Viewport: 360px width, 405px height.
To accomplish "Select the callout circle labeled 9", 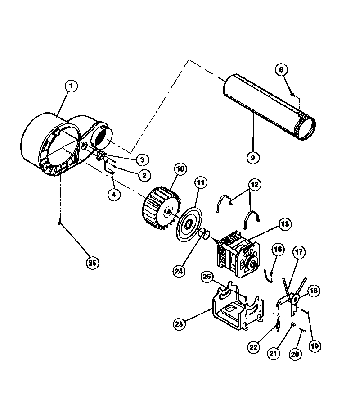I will click(x=253, y=157).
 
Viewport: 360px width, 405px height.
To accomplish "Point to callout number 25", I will click(x=93, y=263).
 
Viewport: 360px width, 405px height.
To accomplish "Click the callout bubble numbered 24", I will click(x=180, y=271).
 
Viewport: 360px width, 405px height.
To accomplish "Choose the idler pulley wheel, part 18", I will click(x=295, y=298).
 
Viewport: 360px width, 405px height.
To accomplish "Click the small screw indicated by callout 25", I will click(x=59, y=222).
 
